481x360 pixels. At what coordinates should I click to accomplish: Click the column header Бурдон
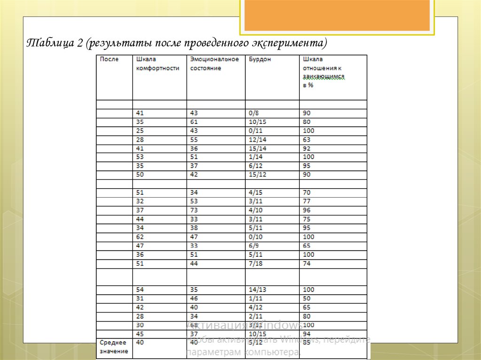[x=260, y=60]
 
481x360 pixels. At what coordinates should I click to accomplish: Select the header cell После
[x=109, y=60]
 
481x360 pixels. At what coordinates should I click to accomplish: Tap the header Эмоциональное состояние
[x=214, y=64]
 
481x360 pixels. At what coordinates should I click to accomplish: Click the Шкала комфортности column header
[x=157, y=64]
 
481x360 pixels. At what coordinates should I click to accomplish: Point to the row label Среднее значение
[x=113, y=347]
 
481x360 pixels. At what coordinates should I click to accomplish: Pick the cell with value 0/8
[x=254, y=113]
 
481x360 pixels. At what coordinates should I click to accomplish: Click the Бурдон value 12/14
[x=257, y=140]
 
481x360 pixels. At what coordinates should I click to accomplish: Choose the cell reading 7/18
[x=256, y=264]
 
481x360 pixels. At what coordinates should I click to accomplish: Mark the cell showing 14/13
[x=257, y=290]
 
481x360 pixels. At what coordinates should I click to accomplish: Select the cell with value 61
[x=194, y=122]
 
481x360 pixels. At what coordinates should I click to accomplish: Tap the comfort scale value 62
[x=140, y=237]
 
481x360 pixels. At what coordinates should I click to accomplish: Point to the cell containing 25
[x=140, y=131]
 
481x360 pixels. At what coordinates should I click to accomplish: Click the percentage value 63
[x=307, y=140]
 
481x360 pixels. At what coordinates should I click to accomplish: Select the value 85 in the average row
[x=307, y=343]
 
